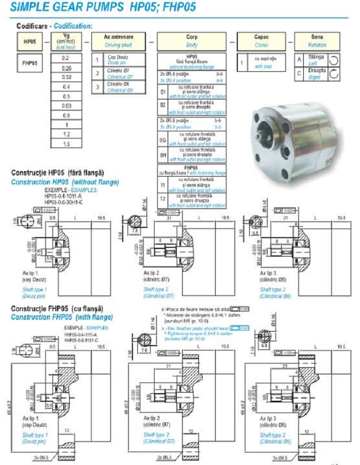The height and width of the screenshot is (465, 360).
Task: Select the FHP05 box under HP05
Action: pos(30,63)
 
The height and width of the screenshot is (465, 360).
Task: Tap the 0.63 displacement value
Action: pos(66,106)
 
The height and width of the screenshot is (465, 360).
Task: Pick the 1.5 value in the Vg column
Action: pos(66,144)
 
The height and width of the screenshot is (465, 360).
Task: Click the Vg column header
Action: pos(66,41)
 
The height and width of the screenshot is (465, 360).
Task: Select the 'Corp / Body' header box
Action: pos(191,41)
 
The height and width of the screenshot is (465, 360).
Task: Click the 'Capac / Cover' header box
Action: pos(261,41)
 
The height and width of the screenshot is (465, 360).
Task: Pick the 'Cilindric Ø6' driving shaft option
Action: pos(119,86)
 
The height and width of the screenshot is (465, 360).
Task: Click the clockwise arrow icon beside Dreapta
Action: pos(334,73)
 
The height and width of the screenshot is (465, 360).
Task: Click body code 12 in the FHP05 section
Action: pos(163,199)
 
